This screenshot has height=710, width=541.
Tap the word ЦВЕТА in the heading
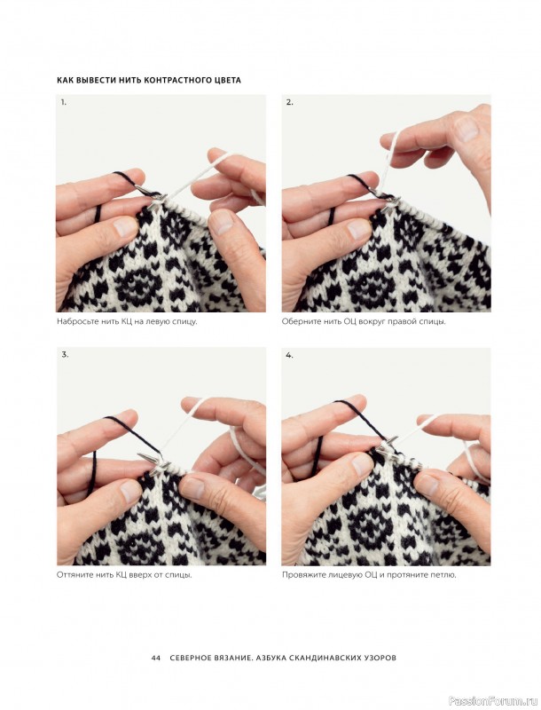[x=227, y=80]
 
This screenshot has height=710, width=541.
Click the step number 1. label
[x=64, y=102]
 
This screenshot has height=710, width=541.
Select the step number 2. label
[x=289, y=102]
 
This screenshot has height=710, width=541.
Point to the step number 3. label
[x=65, y=354]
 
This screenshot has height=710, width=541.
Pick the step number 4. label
[x=289, y=355]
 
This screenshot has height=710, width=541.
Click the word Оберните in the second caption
[x=298, y=322]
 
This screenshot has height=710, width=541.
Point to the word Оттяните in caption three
[x=73, y=575]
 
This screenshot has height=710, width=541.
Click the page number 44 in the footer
[x=156, y=658]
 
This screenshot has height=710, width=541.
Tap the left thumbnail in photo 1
[x=125, y=227]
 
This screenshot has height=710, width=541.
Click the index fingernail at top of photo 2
[x=467, y=129]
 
